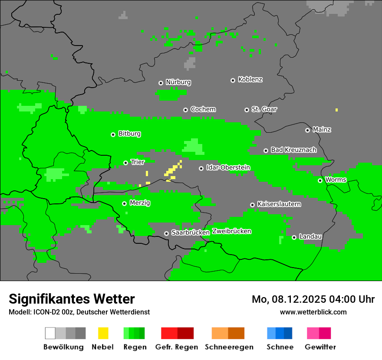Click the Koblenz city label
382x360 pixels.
click(250, 79)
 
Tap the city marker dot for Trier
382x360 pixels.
click(125, 163)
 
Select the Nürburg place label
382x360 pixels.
click(178, 82)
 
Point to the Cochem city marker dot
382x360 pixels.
click(185, 110)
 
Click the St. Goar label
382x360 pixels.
click(264, 109)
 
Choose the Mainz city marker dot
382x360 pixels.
click(307, 130)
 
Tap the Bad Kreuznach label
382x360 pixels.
click(293, 150)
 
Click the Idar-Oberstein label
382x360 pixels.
click(228, 167)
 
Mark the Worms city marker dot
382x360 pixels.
click(320, 180)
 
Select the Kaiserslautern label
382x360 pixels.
click(279, 204)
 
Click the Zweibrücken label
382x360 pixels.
click(231, 231)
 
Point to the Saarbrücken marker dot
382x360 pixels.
click(166, 233)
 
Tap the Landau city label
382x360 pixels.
click(310, 236)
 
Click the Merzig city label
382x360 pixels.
click(139, 203)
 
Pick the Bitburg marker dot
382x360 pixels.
click(113, 134)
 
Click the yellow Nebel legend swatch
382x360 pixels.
click(103, 333)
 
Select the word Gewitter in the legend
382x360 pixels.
click(320, 347)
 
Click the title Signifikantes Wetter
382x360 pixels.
click(72, 299)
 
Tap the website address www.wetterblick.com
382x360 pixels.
click(313, 312)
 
